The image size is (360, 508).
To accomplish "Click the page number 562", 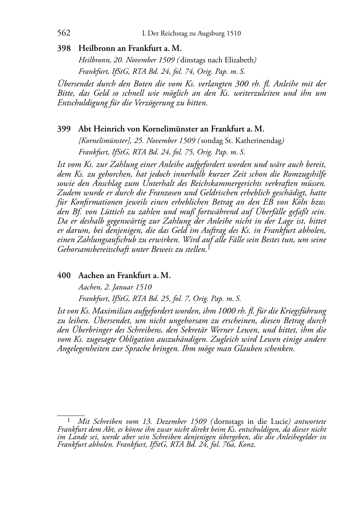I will click(64, 33).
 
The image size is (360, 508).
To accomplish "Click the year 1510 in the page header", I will click(234, 34).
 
